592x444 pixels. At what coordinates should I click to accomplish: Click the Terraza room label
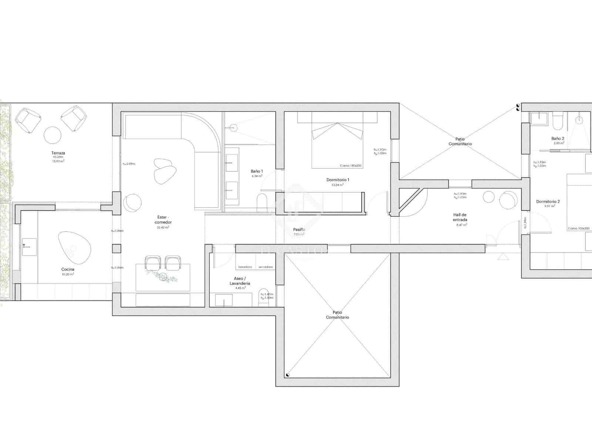point(58,153)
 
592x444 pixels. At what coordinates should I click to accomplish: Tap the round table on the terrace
point(52,135)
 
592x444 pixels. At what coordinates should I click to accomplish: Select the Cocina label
point(68,269)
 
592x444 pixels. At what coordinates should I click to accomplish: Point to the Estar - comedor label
point(163,220)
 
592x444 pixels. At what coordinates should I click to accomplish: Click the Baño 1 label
point(257,171)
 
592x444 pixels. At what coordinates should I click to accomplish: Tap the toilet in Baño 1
point(262,202)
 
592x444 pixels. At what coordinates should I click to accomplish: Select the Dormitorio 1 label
point(338,180)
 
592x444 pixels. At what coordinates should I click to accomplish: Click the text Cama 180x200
point(350,166)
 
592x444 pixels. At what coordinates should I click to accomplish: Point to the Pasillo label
point(299,229)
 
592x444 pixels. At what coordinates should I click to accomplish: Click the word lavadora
point(245,267)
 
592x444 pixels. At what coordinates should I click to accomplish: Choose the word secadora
point(266,267)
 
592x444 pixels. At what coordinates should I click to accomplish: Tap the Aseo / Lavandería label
point(242,281)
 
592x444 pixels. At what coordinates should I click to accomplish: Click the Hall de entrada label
point(460,217)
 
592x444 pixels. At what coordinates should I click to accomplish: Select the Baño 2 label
point(558,138)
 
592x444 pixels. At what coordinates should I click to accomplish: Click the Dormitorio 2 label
point(548,202)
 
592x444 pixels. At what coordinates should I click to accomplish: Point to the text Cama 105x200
point(579,229)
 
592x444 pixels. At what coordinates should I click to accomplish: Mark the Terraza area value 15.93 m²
point(58,161)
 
